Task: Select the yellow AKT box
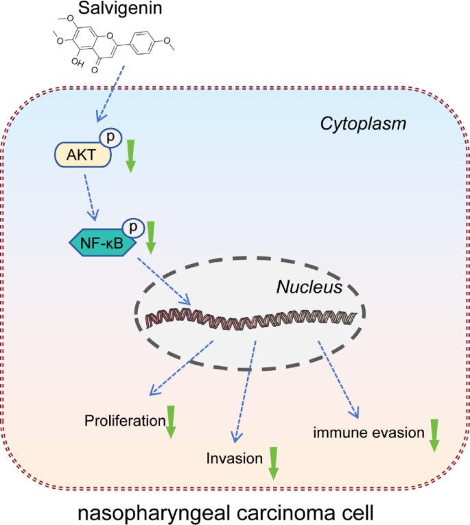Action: tap(81, 156)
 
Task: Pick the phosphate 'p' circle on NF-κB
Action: tap(134, 225)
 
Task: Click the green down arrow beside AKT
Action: tap(130, 158)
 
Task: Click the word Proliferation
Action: tap(124, 420)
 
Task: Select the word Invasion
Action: tap(234, 459)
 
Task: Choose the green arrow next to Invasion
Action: tap(273, 463)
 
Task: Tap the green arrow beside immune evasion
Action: tap(434, 435)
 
